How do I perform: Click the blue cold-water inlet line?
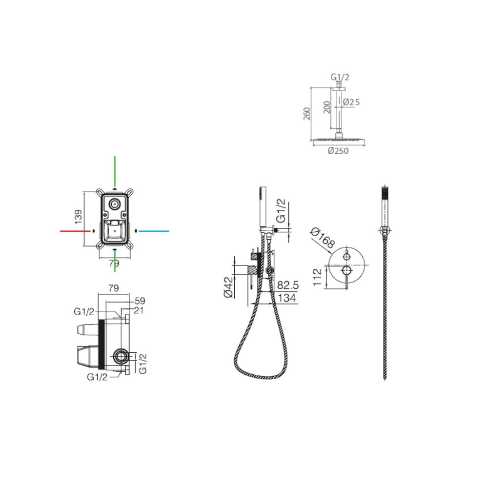(x=154, y=231)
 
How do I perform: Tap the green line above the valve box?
(x=115, y=171)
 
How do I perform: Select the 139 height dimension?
(x=79, y=217)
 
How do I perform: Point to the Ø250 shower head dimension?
(x=338, y=151)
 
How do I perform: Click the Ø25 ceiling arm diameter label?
(x=351, y=102)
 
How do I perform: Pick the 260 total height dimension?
(x=307, y=114)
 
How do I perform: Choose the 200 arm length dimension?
(x=326, y=107)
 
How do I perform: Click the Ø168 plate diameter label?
(x=323, y=238)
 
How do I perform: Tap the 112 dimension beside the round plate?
(x=317, y=278)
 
